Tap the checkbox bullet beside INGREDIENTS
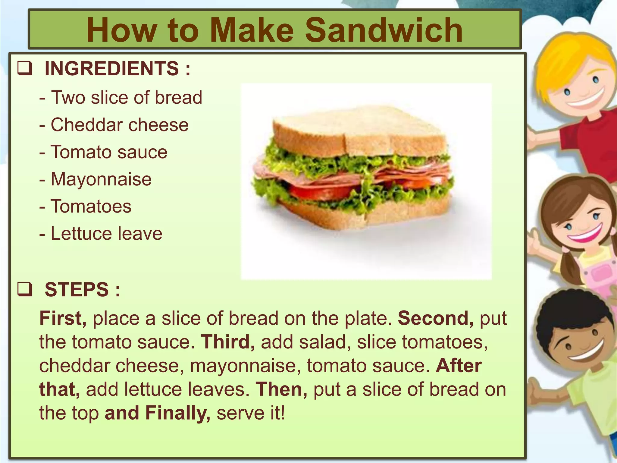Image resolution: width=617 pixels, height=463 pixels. pos(24,68)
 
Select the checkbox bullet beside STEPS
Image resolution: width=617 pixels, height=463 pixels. pos(24,290)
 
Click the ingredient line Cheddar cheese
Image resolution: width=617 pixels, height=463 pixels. pos(119,125)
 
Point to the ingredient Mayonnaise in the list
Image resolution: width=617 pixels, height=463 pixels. pos(101,179)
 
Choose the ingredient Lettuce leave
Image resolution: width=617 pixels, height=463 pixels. pos(106,234)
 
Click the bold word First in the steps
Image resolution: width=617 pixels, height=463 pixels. pos(63,318)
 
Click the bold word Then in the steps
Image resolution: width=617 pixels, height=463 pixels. pos(281,389)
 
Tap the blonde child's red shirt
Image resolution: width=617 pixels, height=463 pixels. pos(590,145)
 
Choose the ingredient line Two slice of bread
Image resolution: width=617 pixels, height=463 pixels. pos(126,97)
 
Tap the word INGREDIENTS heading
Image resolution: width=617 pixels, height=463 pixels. pos(111,68)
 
